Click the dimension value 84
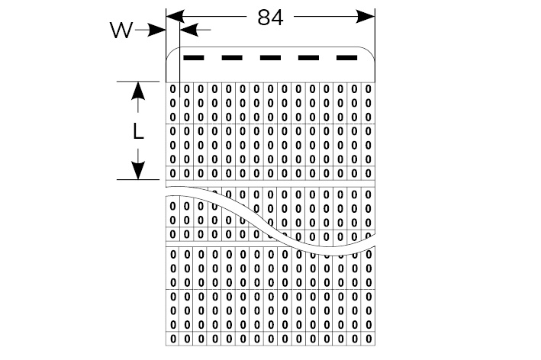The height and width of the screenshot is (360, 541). [x=270, y=18]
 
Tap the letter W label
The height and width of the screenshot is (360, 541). [x=121, y=31]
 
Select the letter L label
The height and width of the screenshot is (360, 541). [x=138, y=131]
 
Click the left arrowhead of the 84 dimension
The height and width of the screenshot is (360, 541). [x=172, y=15]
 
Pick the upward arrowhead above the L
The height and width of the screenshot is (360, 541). [x=138, y=89]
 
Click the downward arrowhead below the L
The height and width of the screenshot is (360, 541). [x=138, y=172]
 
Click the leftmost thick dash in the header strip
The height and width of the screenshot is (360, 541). [x=194, y=57]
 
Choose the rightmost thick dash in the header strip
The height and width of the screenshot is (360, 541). [x=347, y=57]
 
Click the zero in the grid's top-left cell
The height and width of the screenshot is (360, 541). [x=172, y=90]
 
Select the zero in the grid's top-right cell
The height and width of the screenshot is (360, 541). [x=369, y=90]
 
